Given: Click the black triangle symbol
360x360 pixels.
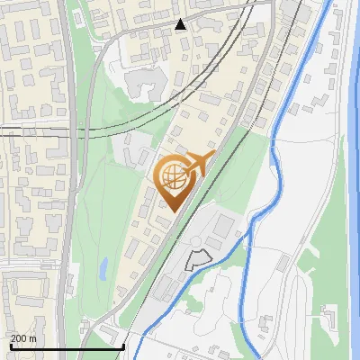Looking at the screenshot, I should tap(181, 24).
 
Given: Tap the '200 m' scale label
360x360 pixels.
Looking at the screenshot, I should tap(23, 337).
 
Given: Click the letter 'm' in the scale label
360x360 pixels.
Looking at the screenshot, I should tap(32, 337).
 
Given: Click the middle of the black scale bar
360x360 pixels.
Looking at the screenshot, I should tap(67, 346).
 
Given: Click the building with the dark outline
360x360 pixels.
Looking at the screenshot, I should tap(195, 260).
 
